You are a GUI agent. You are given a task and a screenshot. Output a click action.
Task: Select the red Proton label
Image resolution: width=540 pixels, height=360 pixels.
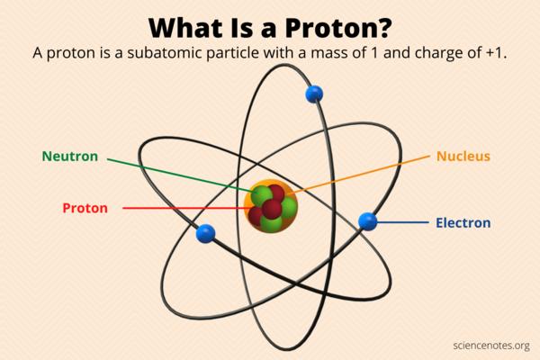pos(85,208)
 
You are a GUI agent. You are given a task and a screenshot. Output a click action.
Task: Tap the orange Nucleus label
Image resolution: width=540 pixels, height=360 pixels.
pos(463,156)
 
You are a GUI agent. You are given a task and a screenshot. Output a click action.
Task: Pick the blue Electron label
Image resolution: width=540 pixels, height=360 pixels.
pos(463,222)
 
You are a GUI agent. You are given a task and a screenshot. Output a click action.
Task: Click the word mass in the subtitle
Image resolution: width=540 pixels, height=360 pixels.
pos(333,52)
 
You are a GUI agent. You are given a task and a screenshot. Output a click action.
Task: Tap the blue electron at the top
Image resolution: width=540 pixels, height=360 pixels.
pos(313,93)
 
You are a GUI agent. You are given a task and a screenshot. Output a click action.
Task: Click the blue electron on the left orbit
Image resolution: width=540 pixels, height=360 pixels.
pos(206,234)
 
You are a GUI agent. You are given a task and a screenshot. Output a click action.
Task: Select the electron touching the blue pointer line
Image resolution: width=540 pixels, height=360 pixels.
pos(367,220)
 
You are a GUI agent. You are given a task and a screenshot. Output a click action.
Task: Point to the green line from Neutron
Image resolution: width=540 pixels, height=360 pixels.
pos(180,175)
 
